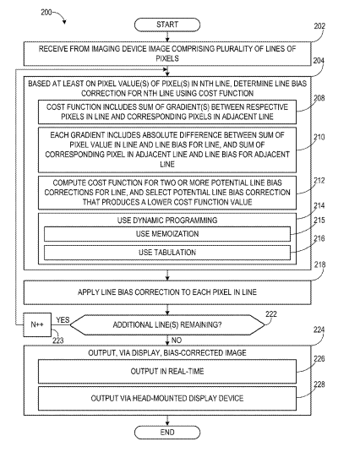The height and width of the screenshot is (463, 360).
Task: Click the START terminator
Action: (167, 25)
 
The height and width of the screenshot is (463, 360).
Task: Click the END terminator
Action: (167, 433)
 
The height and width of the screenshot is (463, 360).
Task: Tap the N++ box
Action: (37, 324)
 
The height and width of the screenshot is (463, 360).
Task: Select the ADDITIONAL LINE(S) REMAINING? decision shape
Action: (167, 324)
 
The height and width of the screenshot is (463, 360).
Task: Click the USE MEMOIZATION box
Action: (167, 234)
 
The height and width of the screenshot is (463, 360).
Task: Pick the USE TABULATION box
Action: (167, 253)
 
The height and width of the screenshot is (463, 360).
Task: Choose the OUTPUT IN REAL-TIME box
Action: (167, 371)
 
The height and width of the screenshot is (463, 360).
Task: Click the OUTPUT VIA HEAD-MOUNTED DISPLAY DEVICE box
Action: (167, 398)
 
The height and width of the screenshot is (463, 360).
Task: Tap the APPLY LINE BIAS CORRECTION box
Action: (167, 292)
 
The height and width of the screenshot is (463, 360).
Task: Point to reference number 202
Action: (319, 26)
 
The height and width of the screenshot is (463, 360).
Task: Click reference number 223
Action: (58, 340)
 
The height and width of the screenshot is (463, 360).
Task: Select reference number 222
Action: (271, 314)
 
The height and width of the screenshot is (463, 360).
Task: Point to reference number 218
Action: (319, 264)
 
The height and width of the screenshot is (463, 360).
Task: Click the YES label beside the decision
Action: (63, 319)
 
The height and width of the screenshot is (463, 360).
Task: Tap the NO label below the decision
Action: (177, 340)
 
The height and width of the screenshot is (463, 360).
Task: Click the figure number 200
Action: (46, 12)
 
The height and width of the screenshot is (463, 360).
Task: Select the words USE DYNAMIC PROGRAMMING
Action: (167, 221)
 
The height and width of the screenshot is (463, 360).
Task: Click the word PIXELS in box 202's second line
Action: (167, 58)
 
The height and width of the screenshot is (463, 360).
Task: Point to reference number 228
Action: (319, 384)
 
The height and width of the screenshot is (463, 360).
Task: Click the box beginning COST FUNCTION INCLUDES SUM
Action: (167, 112)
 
